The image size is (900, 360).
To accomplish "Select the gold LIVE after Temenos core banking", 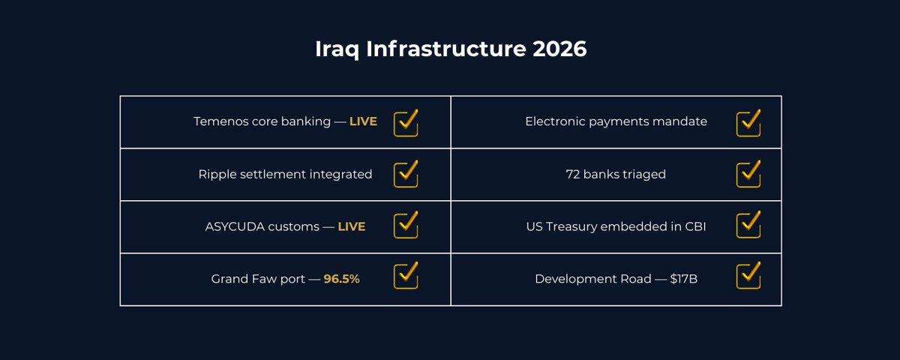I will pyautogui.click(x=363, y=121).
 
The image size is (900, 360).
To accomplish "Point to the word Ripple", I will pyautogui.click(x=217, y=174).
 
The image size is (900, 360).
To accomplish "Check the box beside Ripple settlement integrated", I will pyautogui.click(x=406, y=175).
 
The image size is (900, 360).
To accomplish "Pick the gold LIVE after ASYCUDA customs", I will pyautogui.click(x=351, y=226).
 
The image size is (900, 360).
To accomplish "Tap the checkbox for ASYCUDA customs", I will pyautogui.click(x=406, y=226).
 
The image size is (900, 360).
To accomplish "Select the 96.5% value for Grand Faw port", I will pyautogui.click(x=342, y=279).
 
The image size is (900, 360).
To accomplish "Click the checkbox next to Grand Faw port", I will pyautogui.click(x=406, y=277).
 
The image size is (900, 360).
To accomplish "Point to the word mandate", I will pyautogui.click(x=682, y=121).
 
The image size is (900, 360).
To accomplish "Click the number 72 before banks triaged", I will pyautogui.click(x=573, y=174).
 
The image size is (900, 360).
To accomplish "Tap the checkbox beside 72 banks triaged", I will pyautogui.click(x=748, y=175).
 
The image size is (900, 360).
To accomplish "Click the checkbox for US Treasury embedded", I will pyautogui.click(x=748, y=226).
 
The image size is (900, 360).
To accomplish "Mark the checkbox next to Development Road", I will pyautogui.click(x=748, y=277).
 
